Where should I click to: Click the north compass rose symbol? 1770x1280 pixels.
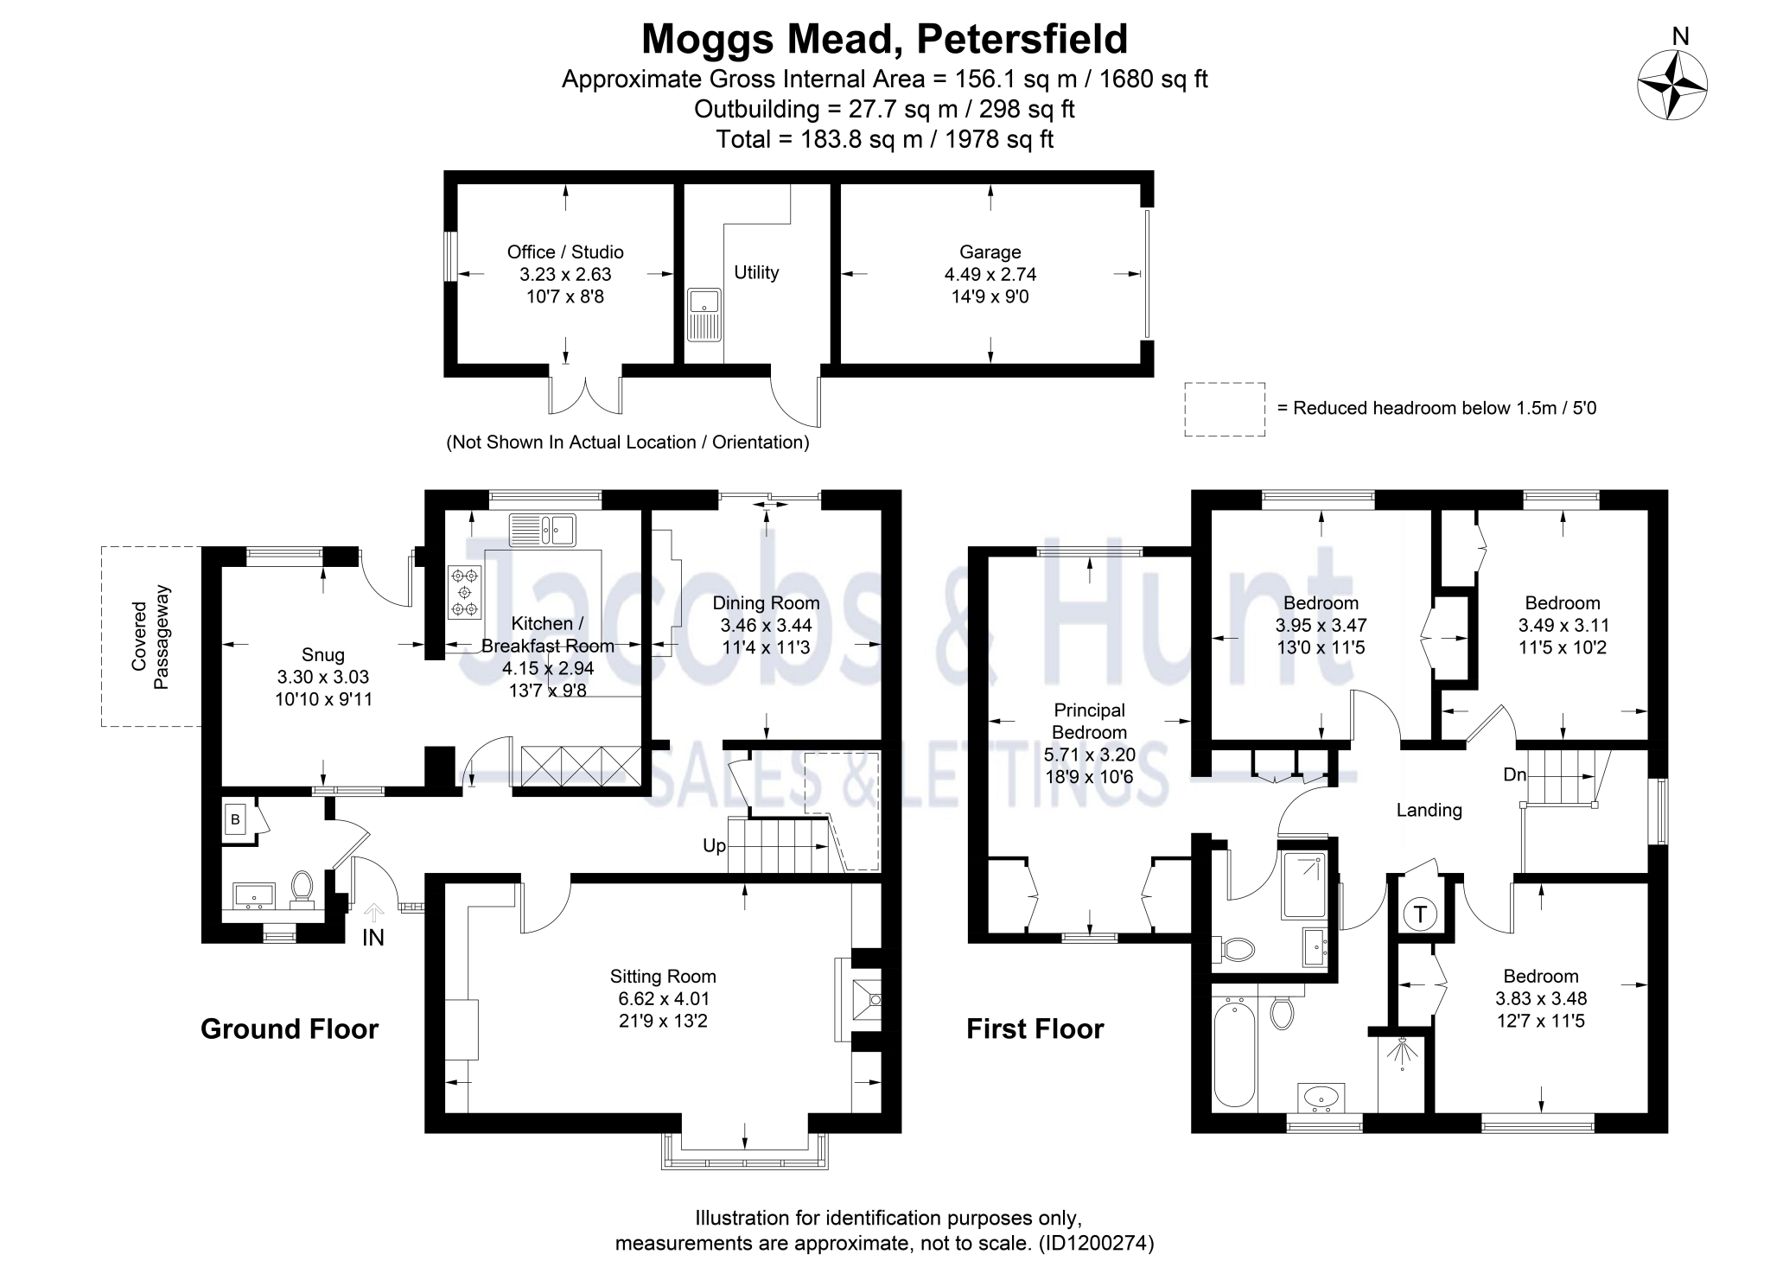pyautogui.click(x=1672, y=85)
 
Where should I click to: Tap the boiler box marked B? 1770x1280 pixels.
pyautogui.click(x=235, y=819)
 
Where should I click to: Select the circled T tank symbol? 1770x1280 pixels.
pyautogui.click(x=1420, y=914)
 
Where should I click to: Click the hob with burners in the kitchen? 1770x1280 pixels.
pyautogui.click(x=465, y=592)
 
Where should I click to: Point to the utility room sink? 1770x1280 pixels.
pyautogui.click(x=704, y=315)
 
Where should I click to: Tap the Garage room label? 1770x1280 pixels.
pyautogui.click(x=990, y=252)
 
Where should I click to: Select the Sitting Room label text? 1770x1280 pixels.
pyautogui.click(x=663, y=977)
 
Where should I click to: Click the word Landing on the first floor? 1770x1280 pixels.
pyautogui.click(x=1429, y=810)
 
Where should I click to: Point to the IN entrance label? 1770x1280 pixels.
pyautogui.click(x=372, y=938)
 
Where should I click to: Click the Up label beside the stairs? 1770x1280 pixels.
pyautogui.click(x=714, y=845)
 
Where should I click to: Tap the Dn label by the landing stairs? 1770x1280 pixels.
pyautogui.click(x=1514, y=775)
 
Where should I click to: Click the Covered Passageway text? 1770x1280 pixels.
pyautogui.click(x=150, y=637)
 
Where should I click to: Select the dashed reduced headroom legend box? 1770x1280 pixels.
pyautogui.click(x=1224, y=409)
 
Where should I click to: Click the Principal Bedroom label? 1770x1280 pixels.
pyautogui.click(x=1089, y=721)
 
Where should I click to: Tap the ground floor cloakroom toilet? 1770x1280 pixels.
pyautogui.click(x=302, y=887)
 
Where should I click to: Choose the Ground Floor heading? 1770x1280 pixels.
pyautogui.click(x=290, y=1028)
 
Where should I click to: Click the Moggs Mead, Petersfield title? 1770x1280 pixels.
pyautogui.click(x=884, y=39)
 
